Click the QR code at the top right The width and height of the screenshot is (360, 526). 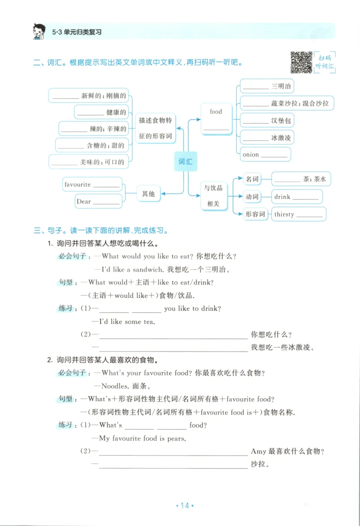[x=301, y=63]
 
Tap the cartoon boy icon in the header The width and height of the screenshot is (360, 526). [x=40, y=31]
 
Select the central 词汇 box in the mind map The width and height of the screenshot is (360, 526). [x=185, y=162]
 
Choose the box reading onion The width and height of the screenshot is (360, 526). [x=265, y=154]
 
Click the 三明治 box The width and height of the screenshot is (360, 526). [x=267, y=86]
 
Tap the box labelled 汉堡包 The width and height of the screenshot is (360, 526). [x=266, y=121]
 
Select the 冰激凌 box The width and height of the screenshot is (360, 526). [x=266, y=138]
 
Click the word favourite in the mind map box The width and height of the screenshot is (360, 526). [x=77, y=184]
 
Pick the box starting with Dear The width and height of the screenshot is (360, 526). [x=98, y=201]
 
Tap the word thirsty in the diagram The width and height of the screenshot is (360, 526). [x=284, y=214]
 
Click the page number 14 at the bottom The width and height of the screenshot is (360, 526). [x=184, y=506]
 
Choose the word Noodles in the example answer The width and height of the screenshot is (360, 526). [x=115, y=386]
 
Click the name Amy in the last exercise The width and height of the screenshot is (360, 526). [x=258, y=451]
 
